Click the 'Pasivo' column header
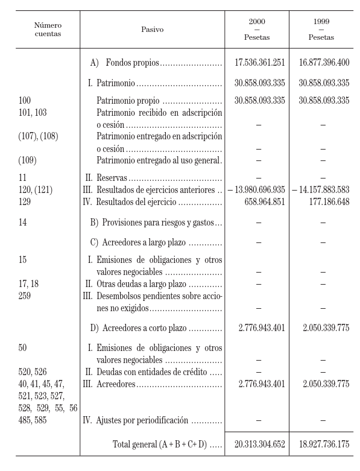click(152, 29)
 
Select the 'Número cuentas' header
click(48, 29)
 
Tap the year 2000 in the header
click(257, 21)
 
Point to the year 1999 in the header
click(321, 21)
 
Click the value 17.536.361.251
click(260, 62)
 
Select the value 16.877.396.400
click(324, 62)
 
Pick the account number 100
click(25, 101)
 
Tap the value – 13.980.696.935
click(256, 190)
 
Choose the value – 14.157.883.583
click(320, 190)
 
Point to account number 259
click(25, 296)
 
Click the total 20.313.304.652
click(260, 444)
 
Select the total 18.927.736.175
click(324, 444)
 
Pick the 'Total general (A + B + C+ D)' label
click(159, 444)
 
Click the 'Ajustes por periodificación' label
click(143, 420)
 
